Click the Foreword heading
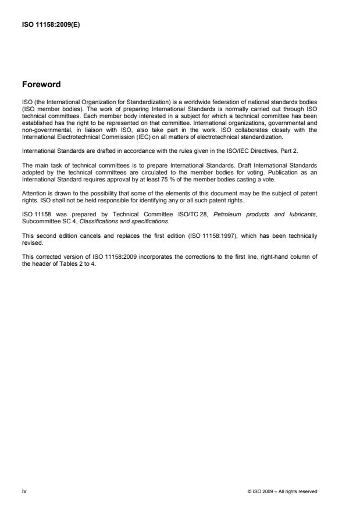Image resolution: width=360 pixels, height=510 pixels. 41,85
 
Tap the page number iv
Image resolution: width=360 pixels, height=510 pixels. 24,491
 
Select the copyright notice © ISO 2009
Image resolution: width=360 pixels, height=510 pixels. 282,492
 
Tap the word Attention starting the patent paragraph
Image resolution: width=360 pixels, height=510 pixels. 33,192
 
